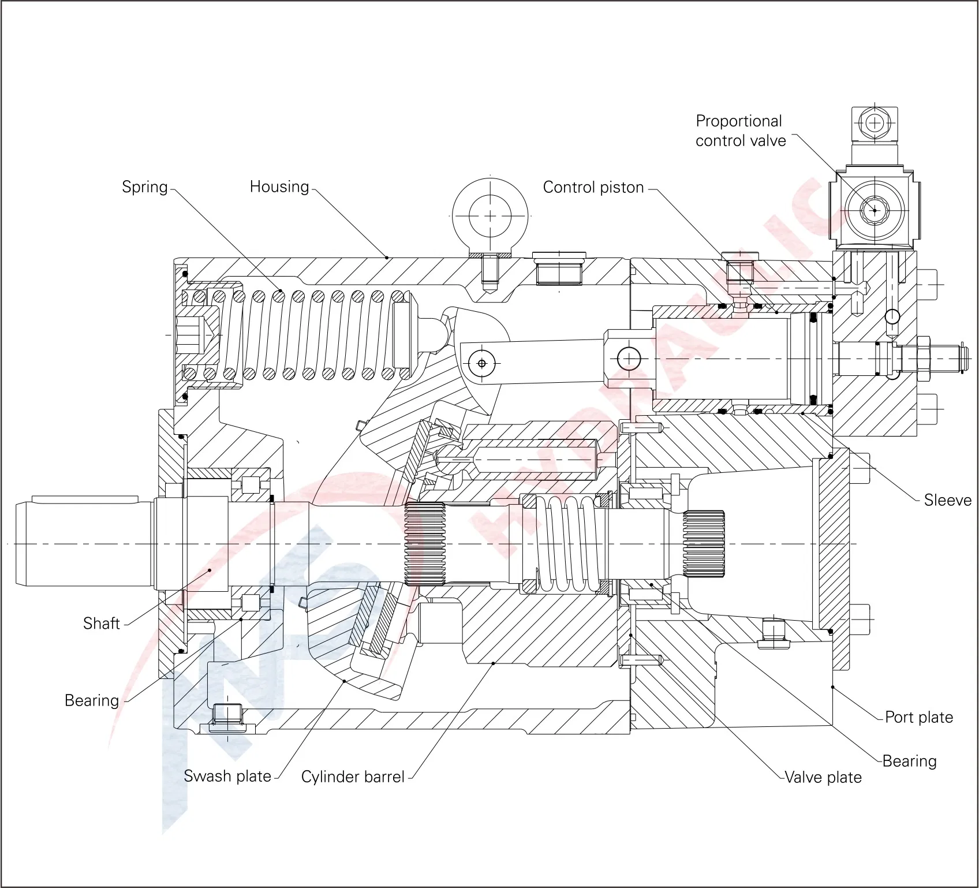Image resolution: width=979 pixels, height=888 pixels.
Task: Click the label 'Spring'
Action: coord(144,187)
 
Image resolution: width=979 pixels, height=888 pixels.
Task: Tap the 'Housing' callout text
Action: coord(279,187)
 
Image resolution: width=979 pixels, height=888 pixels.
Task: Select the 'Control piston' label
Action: coord(593,188)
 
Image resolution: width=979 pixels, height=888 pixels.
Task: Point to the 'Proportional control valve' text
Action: coord(740,131)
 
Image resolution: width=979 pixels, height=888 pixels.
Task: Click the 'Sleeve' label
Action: coord(947,500)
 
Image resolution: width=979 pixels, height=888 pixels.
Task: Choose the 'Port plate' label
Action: coord(919,717)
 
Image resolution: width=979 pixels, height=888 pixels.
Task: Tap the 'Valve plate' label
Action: coord(823,777)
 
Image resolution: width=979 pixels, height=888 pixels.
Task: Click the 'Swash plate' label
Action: coord(227,777)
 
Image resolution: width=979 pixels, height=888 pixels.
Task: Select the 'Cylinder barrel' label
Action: coord(353,777)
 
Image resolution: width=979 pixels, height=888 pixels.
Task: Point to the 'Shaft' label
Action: coord(101,624)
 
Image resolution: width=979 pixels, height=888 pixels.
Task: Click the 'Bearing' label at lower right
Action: coord(910,761)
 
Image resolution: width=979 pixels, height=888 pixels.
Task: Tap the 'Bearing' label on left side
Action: coord(92,701)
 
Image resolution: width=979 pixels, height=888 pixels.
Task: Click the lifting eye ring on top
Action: coord(490,215)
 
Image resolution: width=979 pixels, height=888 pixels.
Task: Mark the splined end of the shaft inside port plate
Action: coord(704,544)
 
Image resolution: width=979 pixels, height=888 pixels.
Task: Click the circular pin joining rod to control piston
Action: coord(629,359)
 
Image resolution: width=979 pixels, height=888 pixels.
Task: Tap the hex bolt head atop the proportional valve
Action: coord(875,123)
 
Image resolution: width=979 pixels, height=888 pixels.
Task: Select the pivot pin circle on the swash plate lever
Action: coord(481,363)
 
